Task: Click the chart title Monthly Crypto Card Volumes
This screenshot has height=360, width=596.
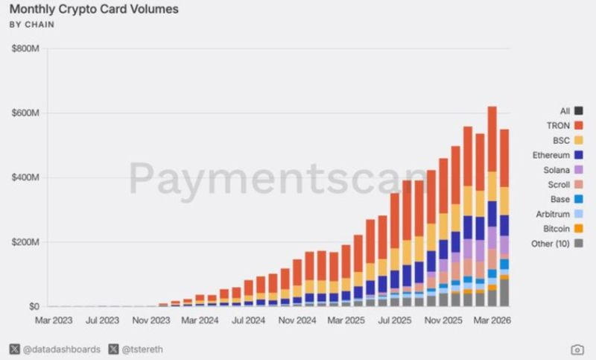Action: coord(94,9)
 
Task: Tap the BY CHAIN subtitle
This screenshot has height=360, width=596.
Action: coord(32,25)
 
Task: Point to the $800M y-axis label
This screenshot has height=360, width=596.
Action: coord(25,48)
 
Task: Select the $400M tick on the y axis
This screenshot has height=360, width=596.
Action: coord(25,177)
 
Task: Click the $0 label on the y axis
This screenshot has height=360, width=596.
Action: coord(34,306)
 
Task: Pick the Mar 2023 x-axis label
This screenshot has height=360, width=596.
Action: coord(54,320)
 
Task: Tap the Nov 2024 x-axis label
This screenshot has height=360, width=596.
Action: coord(297,320)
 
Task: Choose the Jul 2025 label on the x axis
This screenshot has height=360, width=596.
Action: coord(395,320)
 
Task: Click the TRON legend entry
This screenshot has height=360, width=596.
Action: coord(565,125)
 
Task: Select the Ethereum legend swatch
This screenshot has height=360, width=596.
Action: coord(579,155)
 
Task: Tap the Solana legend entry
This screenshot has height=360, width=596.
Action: coord(563,170)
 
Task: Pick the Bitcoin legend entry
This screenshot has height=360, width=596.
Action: coord(563,229)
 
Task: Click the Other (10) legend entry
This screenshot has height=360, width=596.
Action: coord(557,244)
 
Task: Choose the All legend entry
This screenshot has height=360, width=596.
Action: coord(571,111)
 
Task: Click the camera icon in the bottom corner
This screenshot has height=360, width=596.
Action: coord(577,350)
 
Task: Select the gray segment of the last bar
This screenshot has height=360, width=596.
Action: coord(504,293)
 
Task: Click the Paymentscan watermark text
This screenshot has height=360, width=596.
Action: coord(279,179)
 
